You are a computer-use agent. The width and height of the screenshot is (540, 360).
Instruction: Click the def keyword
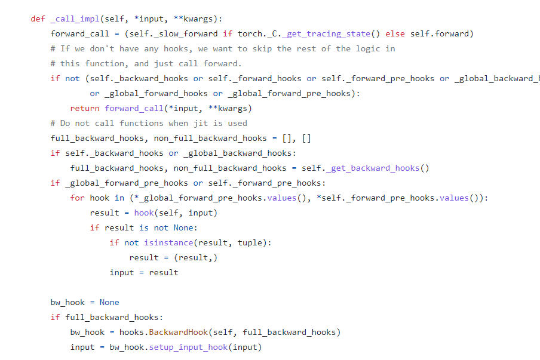(38, 19)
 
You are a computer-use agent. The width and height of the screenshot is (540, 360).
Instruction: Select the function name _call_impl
(72, 19)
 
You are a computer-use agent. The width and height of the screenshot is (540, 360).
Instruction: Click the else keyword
(395, 33)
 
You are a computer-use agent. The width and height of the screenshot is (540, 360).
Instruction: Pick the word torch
(249, 33)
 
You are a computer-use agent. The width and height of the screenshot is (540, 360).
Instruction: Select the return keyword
(85, 108)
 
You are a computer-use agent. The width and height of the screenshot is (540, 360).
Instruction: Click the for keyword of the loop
(77, 198)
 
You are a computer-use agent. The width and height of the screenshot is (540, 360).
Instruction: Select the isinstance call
(168, 242)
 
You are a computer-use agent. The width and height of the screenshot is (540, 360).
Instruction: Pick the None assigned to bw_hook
(109, 302)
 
